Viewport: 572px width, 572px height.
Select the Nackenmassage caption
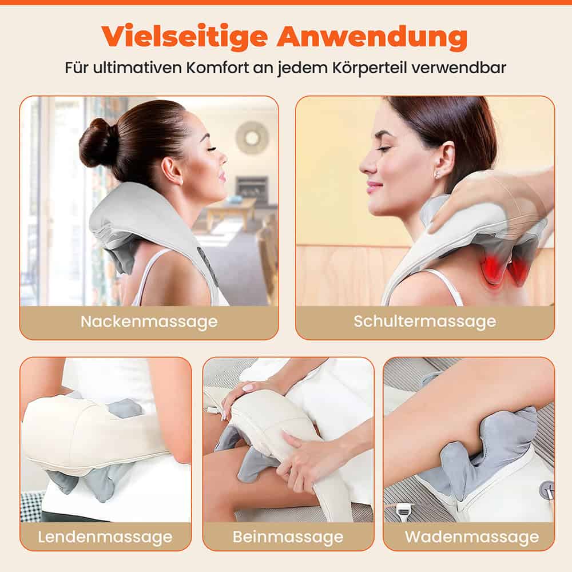(x=149, y=321)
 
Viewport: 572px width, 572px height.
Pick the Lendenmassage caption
(x=105, y=537)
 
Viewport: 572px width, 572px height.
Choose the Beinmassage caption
(x=288, y=537)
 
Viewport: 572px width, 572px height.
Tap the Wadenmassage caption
(x=471, y=537)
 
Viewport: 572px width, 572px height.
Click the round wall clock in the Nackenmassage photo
(x=252, y=137)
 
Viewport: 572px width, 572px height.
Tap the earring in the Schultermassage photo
(x=436, y=173)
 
